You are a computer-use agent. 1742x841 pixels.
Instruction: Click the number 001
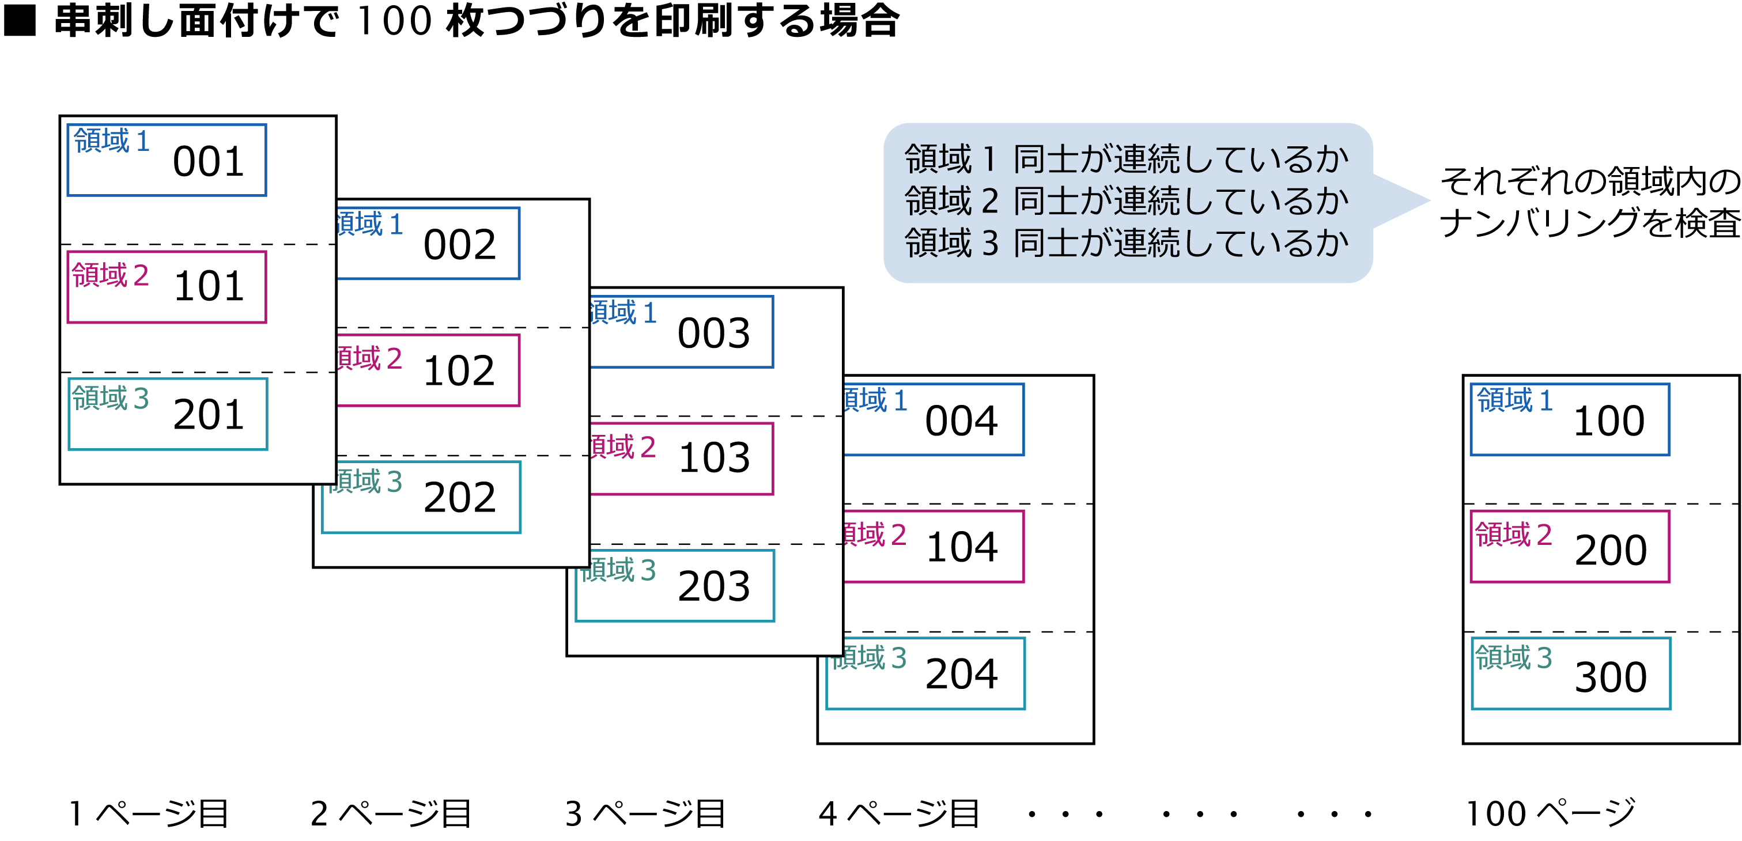pyautogui.click(x=208, y=162)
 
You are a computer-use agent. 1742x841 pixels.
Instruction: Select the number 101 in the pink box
pyautogui.click(x=208, y=287)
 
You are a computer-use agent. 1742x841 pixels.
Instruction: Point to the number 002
pyautogui.click(x=460, y=245)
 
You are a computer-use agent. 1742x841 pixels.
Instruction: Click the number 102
pyautogui.click(x=459, y=371)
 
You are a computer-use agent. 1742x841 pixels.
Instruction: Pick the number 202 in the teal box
pyautogui.click(x=460, y=498)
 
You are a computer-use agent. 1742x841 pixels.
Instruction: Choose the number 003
pyautogui.click(x=713, y=334)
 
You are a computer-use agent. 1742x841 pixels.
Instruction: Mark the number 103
pyautogui.click(x=714, y=458)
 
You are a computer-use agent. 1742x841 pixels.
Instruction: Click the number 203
pyautogui.click(x=713, y=586)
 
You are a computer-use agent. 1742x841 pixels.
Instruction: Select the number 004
pyautogui.click(x=961, y=421)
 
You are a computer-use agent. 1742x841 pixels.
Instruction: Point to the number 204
pyautogui.click(x=961, y=674)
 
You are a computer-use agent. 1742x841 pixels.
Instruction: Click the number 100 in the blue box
pyautogui.click(x=1609, y=421)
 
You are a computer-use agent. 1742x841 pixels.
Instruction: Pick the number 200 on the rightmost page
pyautogui.click(x=1611, y=550)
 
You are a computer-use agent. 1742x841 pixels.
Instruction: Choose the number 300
pyautogui.click(x=1611, y=677)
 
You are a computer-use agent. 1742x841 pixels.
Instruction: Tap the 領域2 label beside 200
pyautogui.click(x=1513, y=535)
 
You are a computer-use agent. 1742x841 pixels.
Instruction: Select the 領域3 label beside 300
pyautogui.click(x=1513, y=657)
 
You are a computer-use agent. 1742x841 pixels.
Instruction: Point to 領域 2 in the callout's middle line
pyautogui.click(x=951, y=201)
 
